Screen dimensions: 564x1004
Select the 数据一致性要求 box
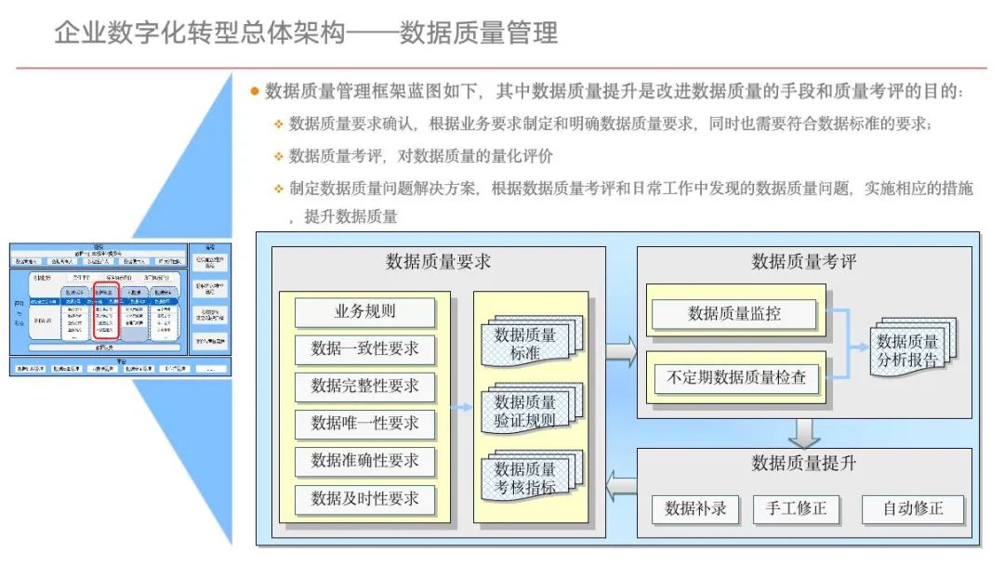point(364,349)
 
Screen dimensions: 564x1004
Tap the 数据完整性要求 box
point(364,387)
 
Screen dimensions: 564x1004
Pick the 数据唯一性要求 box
point(364,424)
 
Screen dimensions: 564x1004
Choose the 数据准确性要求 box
point(364,461)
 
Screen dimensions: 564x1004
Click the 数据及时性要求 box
point(364,499)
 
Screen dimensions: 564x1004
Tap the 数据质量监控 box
point(734,314)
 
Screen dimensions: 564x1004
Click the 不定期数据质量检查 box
point(734,378)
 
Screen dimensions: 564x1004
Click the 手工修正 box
point(796,509)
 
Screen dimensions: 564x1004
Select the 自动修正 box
point(912,509)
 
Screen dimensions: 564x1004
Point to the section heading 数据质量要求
point(438,262)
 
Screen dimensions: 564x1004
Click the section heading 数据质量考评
point(804,262)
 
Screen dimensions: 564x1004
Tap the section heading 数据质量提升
point(804,464)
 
